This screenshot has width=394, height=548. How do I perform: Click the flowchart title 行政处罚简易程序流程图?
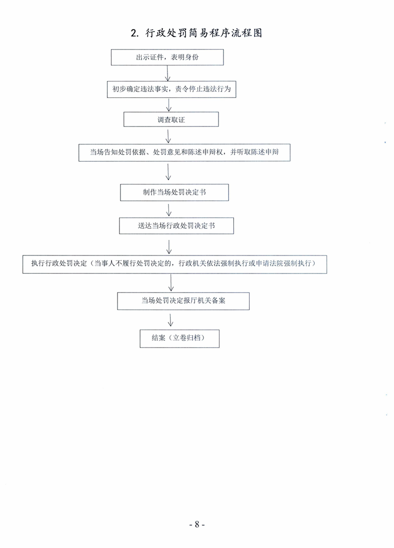tap(203, 33)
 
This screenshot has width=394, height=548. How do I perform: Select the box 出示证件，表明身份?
tap(167, 57)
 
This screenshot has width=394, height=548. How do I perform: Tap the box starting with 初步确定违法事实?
tap(171, 89)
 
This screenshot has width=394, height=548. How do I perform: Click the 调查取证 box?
tap(171, 119)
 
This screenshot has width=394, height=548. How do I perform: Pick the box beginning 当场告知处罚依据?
tap(184, 152)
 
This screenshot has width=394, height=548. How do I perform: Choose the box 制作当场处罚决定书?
tap(174, 192)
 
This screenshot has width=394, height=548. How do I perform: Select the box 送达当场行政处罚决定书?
tap(176, 226)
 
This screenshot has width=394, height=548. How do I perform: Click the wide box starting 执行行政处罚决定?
tap(174, 264)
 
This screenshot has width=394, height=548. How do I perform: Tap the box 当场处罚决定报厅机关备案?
tap(183, 301)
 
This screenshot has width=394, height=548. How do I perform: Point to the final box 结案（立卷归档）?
tap(179, 338)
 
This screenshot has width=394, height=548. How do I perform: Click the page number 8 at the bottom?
tap(197, 524)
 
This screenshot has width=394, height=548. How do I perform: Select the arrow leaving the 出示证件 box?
tap(168, 73)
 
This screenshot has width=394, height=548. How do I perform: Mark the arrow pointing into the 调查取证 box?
tap(169, 105)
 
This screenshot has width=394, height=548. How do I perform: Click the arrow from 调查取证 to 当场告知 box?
tap(168, 136)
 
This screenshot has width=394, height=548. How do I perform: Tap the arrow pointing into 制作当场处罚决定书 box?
tap(168, 172)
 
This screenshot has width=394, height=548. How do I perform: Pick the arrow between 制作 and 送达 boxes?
tap(169, 209)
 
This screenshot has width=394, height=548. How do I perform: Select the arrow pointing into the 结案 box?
tap(170, 320)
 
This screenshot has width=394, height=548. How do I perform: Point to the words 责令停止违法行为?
tap(203, 89)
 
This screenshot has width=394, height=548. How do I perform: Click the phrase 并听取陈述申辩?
tap(254, 152)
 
